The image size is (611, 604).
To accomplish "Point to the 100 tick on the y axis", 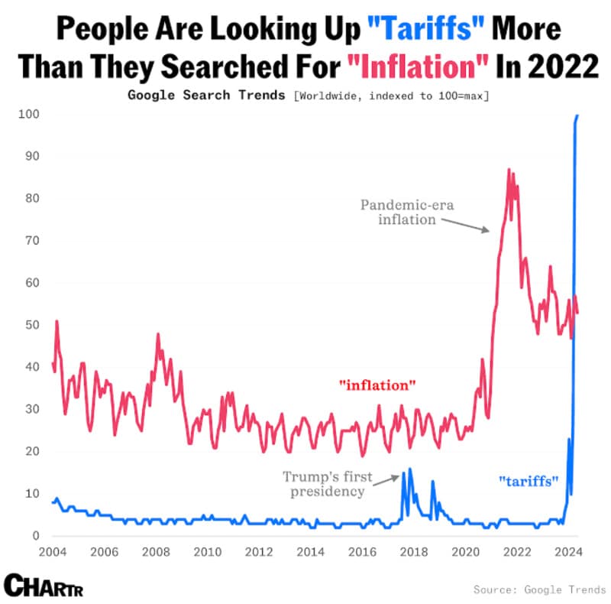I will point(29,114).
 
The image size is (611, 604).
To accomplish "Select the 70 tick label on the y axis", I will point(31,240).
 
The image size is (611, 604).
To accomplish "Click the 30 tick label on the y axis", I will point(31,409).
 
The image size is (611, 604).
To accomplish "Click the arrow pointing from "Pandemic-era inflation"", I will point(466,223).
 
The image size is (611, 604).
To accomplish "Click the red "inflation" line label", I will point(377,385).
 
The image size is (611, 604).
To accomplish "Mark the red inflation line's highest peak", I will point(509,170).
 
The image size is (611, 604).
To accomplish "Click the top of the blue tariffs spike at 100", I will point(577,115).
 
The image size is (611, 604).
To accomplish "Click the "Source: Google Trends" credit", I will point(539,589).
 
